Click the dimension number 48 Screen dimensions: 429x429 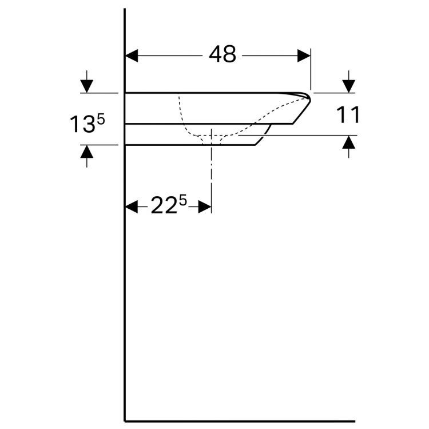coord(222,55)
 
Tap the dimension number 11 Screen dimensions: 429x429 coord(348,115)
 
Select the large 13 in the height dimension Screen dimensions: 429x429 coord(81,125)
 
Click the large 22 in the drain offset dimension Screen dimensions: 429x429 coord(162,206)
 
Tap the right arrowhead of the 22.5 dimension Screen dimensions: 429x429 coord(205,207)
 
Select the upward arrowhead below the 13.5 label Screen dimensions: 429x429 coord(86,151)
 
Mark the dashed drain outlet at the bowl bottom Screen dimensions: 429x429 coord(212,137)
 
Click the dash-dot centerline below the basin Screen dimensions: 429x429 coord(212,172)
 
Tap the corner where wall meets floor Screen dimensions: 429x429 coord(125,421)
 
